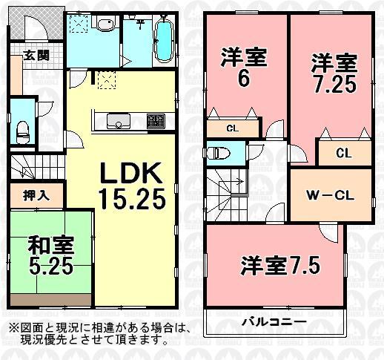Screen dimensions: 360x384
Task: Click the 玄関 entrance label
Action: click(x=30, y=55)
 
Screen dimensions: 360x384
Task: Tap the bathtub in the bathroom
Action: click(x=164, y=42)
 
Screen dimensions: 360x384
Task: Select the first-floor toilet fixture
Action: click(x=22, y=131)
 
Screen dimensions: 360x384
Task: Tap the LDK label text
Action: click(x=132, y=175)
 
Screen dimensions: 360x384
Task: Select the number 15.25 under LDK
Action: click(x=130, y=198)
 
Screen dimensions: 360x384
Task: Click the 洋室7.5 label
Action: click(x=279, y=265)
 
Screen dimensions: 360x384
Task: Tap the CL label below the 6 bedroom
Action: click(x=232, y=128)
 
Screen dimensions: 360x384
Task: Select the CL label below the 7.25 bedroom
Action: click(x=342, y=154)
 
